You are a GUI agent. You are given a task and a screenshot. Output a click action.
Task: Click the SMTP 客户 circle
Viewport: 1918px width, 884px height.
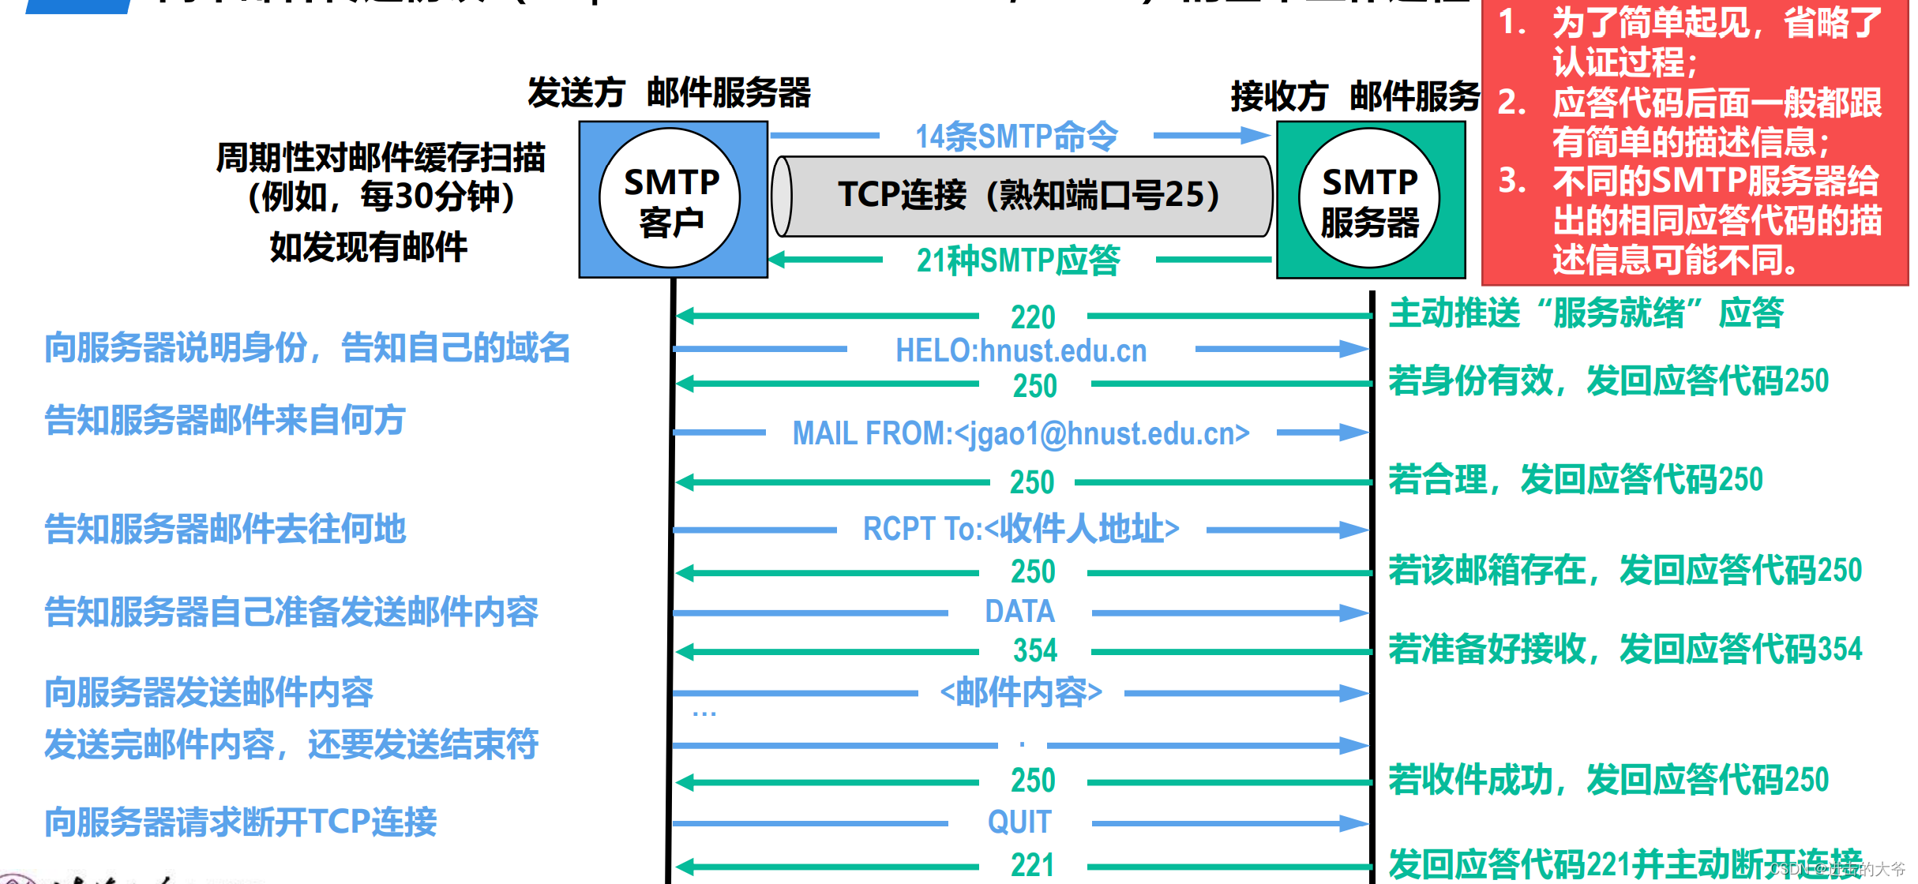pyautogui.click(x=670, y=199)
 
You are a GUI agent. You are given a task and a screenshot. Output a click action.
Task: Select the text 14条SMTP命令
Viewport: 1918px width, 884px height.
pyautogui.click(x=1016, y=137)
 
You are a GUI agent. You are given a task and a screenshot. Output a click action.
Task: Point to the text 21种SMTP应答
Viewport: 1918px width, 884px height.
pyautogui.click(x=1018, y=260)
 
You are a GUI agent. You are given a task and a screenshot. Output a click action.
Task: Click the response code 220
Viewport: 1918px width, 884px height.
pyautogui.click(x=1033, y=317)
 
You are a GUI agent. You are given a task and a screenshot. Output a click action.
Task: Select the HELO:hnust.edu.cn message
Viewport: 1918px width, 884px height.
pyautogui.click(x=1021, y=350)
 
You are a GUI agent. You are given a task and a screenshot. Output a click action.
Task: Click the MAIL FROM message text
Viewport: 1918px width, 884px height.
pyautogui.click(x=1021, y=433)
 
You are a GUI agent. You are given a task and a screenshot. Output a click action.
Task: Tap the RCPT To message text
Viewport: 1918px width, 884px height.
pyautogui.click(x=1021, y=529)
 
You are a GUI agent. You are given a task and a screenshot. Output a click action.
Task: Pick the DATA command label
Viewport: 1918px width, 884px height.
pyautogui.click(x=1019, y=612)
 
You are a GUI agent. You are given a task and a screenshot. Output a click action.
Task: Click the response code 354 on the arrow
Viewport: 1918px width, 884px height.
pyautogui.click(x=1034, y=650)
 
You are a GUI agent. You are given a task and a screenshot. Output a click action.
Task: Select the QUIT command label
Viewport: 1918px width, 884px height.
pyautogui.click(x=1019, y=822)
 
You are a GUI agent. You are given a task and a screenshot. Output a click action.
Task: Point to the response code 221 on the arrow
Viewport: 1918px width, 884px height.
pyautogui.click(x=1033, y=865)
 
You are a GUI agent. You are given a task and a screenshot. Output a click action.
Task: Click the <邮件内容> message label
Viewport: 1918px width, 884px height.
pyautogui.click(x=1021, y=692)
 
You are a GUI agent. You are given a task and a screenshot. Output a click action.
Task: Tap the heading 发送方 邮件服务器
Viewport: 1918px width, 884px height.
pyautogui.click(x=669, y=93)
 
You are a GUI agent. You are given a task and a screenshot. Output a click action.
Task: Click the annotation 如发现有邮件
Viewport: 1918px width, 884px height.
pyautogui.click(x=369, y=247)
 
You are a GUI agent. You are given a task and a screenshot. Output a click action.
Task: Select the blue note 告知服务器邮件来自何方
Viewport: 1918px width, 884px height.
pyautogui.click(x=225, y=420)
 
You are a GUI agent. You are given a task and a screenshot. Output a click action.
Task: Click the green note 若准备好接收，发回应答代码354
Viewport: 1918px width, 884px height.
pyautogui.click(x=1625, y=649)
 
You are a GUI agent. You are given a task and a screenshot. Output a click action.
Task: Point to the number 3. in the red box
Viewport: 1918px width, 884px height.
pyautogui.click(x=1512, y=181)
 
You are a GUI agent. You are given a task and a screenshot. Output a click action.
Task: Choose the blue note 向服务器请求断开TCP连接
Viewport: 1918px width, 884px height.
pyautogui.click(x=241, y=822)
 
